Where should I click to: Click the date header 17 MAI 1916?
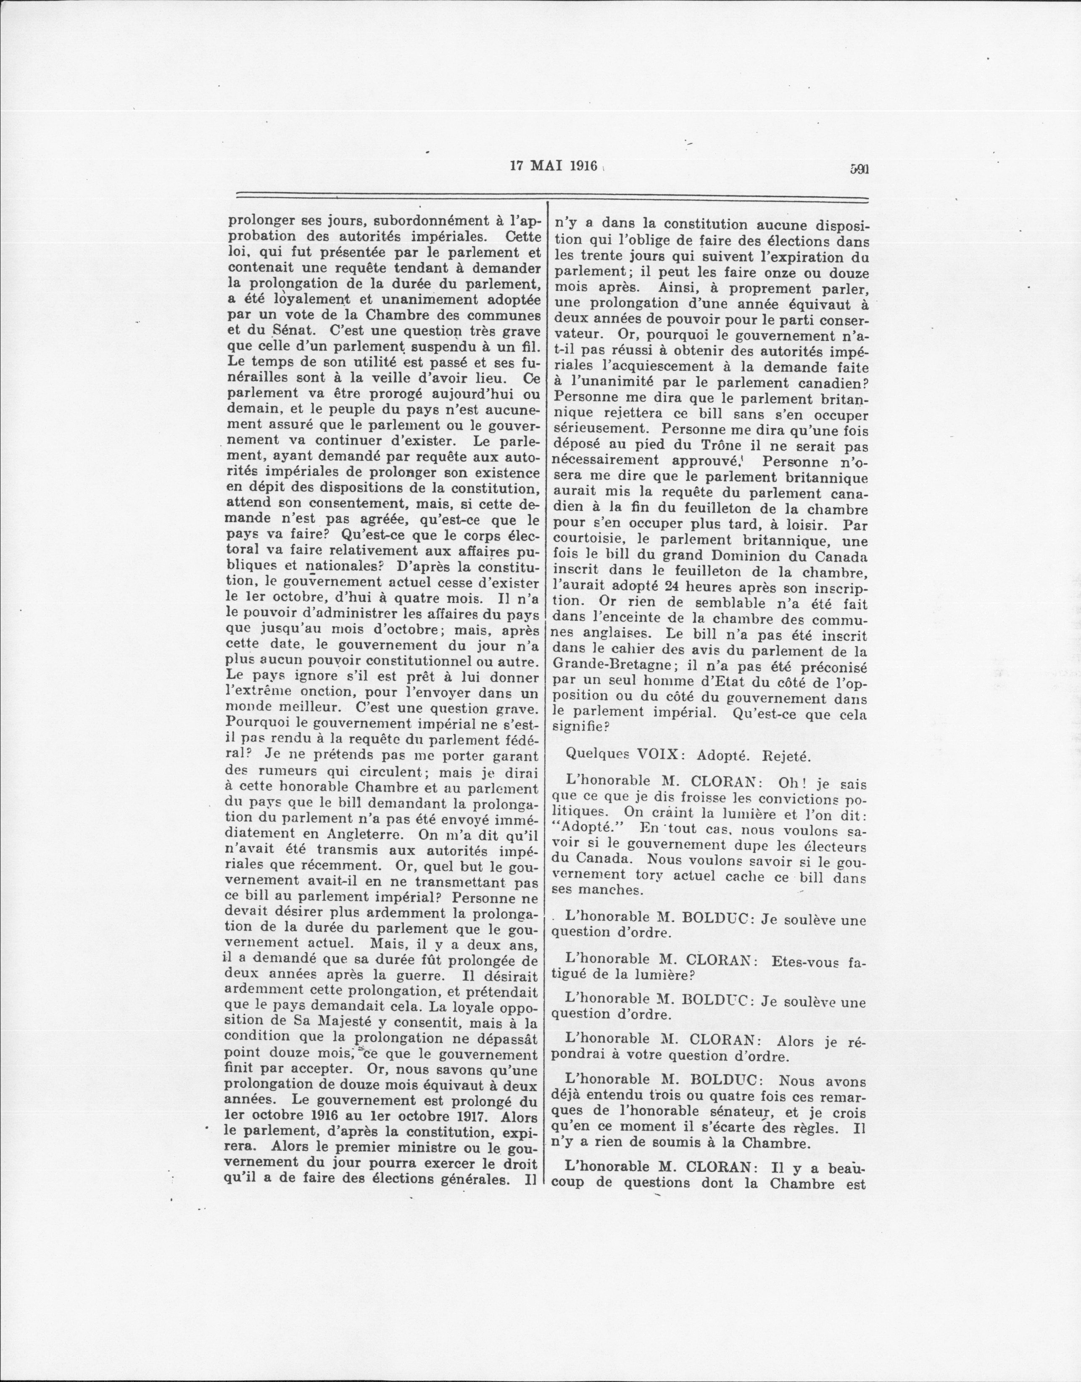pyautogui.click(x=554, y=166)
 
